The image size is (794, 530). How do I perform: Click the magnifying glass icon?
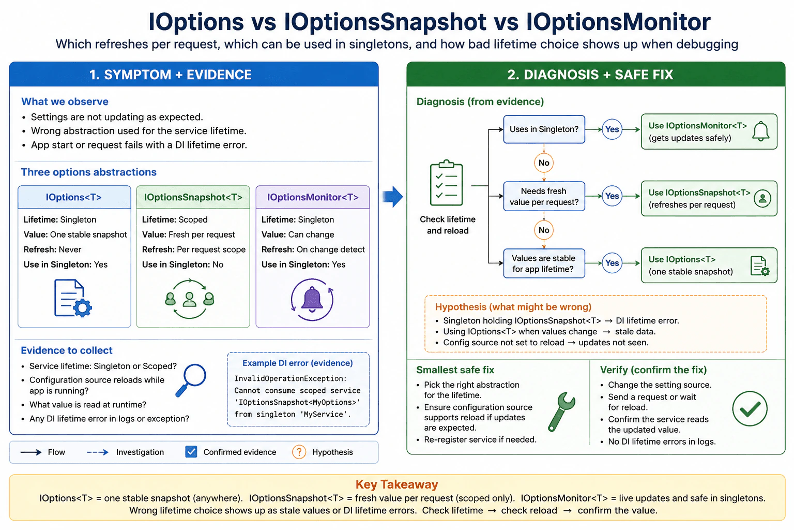tap(191, 380)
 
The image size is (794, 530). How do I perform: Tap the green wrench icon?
tap(561, 412)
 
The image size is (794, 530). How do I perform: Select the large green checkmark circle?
tap(750, 408)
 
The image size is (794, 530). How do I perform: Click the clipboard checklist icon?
tap(446, 183)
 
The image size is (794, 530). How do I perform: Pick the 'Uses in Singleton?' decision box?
tap(544, 129)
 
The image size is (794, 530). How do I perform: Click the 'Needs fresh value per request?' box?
tap(544, 196)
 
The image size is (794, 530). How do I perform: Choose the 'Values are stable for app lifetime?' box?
tap(544, 263)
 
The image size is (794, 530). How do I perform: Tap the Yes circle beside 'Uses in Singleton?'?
tap(612, 129)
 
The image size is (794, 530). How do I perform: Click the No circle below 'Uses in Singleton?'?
tap(544, 163)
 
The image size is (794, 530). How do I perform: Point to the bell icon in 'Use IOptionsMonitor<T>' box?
tap(761, 131)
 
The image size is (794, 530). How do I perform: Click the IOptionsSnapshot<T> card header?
tap(193, 197)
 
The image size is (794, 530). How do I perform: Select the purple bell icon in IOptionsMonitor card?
tap(312, 300)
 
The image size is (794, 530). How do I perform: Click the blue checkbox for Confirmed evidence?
tap(191, 452)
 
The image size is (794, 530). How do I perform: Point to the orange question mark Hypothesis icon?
tap(299, 452)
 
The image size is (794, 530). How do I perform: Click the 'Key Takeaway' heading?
tap(396, 484)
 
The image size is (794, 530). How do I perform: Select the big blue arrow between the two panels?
tap(393, 196)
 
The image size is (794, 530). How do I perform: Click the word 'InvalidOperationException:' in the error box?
tap(291, 378)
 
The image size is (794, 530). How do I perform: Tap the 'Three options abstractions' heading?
tap(88, 172)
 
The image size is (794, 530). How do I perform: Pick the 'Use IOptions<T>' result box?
tap(709, 266)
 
